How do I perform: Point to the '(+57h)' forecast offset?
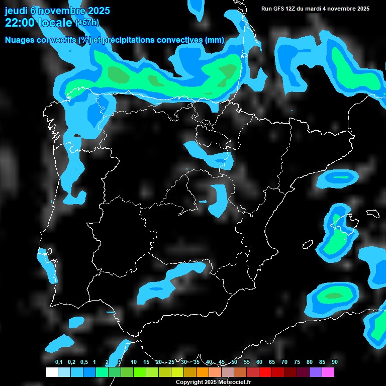pos(87,22)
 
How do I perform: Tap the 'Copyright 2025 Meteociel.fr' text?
pos(213,382)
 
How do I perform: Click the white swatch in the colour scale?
pos(51,372)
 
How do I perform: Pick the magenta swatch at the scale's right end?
pos(328,372)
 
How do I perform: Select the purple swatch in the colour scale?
pos(316,372)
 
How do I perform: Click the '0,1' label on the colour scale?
pos(59,362)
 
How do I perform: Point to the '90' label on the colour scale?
pos(335,362)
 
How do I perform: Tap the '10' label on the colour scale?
pos(134,362)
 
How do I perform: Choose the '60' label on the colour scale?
pos(259,362)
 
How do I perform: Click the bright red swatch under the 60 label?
pos(265,372)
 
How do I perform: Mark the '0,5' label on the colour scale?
pos(84,362)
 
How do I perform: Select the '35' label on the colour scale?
pos(197,362)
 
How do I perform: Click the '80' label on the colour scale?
pos(310,362)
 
